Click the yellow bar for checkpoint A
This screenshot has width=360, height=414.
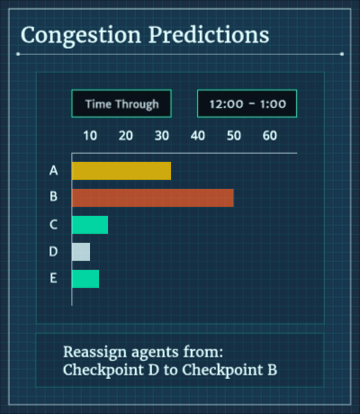point(121,171)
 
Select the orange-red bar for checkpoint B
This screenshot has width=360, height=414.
point(153,198)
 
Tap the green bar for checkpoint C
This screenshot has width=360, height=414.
point(90,225)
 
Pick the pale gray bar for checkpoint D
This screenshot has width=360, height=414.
point(81,252)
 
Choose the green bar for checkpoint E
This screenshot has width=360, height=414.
point(85,279)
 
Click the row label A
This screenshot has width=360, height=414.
point(54,170)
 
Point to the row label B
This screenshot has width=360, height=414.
point(53,196)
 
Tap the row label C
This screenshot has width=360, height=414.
point(53,224)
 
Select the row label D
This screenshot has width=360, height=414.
point(53,251)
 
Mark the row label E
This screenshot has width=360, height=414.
point(53,278)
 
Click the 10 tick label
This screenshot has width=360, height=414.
point(90,136)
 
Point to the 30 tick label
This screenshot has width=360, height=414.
point(162,136)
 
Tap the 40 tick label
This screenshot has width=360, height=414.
point(198,136)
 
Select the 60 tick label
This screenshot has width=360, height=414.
point(270,136)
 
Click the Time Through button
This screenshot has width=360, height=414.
point(121,103)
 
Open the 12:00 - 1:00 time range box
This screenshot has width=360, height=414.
point(247,103)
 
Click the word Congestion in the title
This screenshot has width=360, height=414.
point(81,36)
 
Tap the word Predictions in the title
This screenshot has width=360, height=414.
point(209,35)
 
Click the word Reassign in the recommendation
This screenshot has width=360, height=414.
point(94,353)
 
